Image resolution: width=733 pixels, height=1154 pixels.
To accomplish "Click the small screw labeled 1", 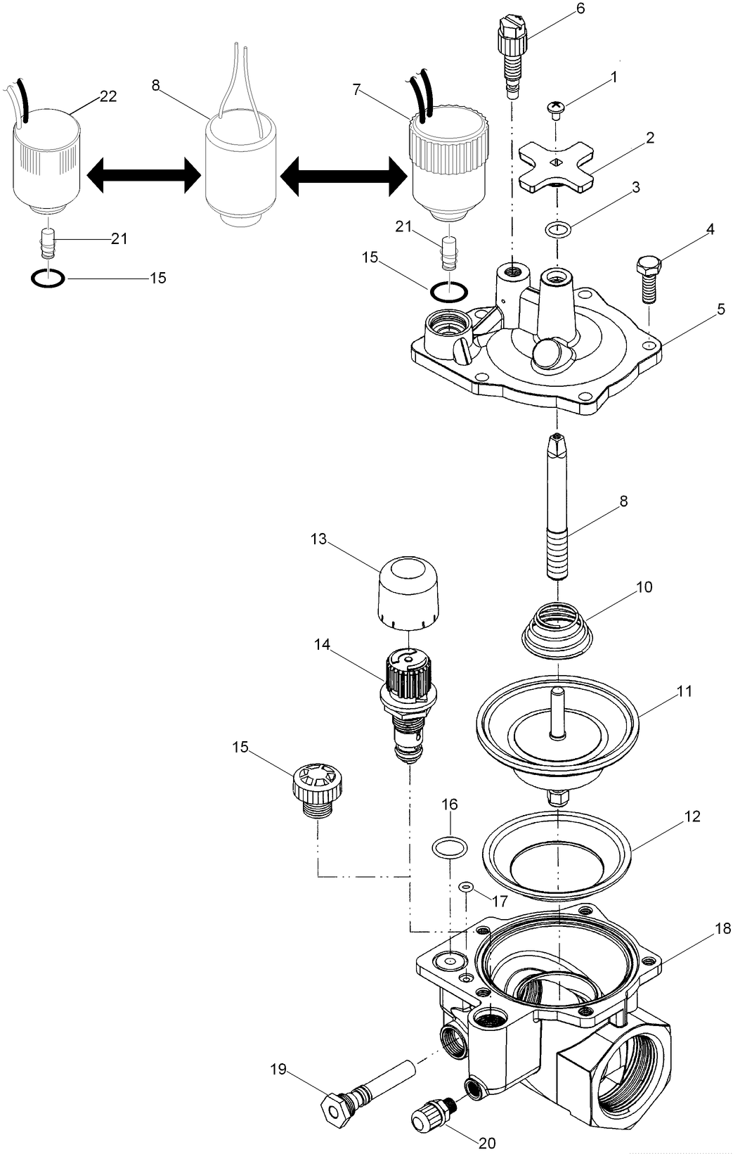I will click(556, 108).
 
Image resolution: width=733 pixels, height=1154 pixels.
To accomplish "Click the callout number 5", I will click(720, 309).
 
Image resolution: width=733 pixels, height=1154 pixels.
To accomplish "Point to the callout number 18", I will click(723, 929).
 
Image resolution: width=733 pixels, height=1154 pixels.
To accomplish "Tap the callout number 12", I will click(692, 816).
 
